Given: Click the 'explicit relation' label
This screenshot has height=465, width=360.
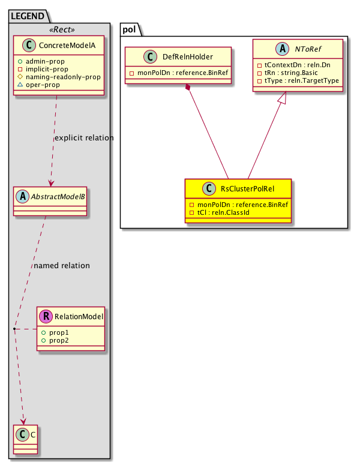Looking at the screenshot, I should [x=83, y=138].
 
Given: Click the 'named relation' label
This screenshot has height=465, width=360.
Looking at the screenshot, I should [x=62, y=265].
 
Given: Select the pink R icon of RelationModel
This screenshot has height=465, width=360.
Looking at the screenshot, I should [x=46, y=316].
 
